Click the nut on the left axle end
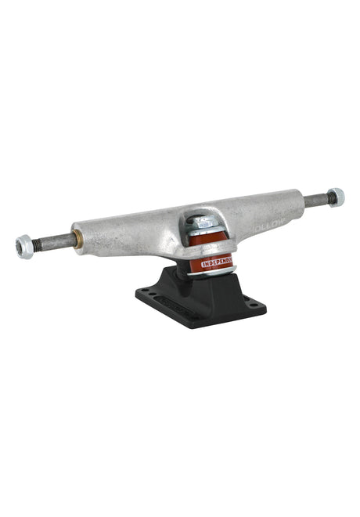[x=24, y=246]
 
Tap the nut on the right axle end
[x=335, y=197]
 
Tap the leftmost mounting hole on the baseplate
[x=145, y=292]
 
